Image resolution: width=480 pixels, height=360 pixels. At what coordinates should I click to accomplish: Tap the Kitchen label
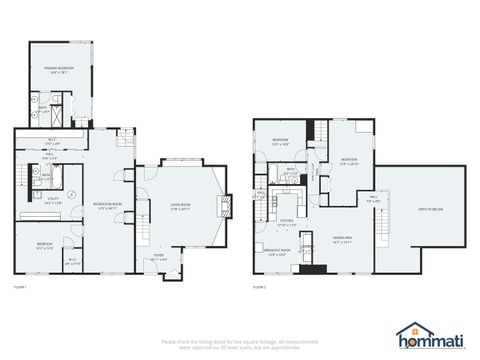point(285,222)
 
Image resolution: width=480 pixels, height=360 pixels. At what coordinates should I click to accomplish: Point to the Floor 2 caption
point(259,287)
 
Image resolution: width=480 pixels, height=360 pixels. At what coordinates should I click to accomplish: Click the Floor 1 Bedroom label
point(45,245)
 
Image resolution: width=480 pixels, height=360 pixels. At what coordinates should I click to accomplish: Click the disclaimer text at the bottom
point(240,345)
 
